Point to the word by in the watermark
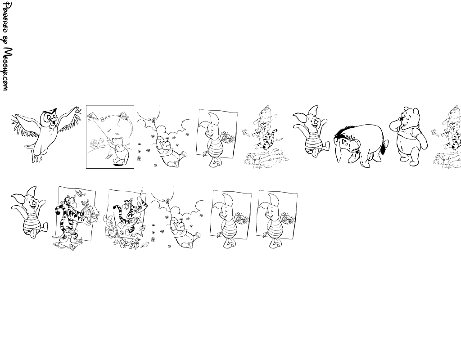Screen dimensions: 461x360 [x=6, y=42]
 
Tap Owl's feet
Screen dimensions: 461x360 [x=37, y=159]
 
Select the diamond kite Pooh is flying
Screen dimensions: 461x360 [x=94, y=121]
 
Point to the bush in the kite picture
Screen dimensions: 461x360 [x=95, y=144]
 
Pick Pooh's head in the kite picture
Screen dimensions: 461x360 [x=119, y=141]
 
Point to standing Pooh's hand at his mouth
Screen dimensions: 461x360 [x=395, y=125]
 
